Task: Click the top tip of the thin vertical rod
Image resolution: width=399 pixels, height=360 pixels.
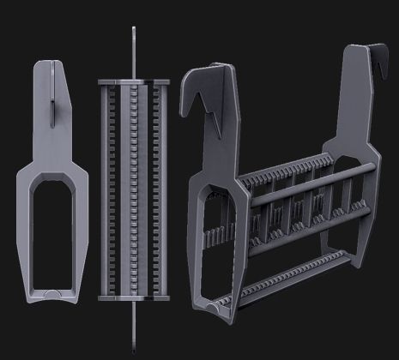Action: [134, 29]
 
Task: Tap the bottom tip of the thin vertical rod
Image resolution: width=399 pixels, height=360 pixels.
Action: [135, 351]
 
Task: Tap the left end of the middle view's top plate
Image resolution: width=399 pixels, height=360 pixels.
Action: [100, 82]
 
